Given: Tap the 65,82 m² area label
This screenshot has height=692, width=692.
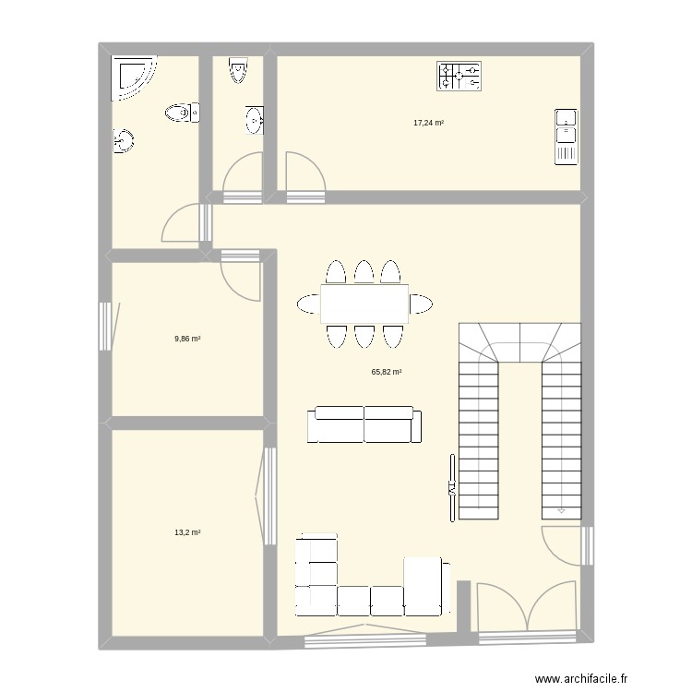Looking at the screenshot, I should tap(386, 372).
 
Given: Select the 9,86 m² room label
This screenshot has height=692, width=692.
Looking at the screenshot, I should tap(187, 339).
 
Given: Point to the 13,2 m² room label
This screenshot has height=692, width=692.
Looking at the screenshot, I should tap(188, 532).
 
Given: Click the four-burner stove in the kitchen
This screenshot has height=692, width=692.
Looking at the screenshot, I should tap(459, 77).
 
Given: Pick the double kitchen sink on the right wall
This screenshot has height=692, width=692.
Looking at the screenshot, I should tap(566, 137).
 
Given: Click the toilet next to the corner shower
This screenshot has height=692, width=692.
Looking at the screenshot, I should tap(183, 113).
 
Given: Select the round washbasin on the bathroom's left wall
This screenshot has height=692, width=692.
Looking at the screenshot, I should tap(123, 141).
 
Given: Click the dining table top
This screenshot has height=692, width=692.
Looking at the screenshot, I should tap(364, 304).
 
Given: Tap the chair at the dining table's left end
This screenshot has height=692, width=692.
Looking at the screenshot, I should tap(308, 304).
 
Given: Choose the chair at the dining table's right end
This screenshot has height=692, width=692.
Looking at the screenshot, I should tap(421, 304).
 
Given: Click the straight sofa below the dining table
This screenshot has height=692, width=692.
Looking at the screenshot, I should tap(364, 425).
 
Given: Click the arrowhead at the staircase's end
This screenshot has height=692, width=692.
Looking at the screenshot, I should tap(561, 508).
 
